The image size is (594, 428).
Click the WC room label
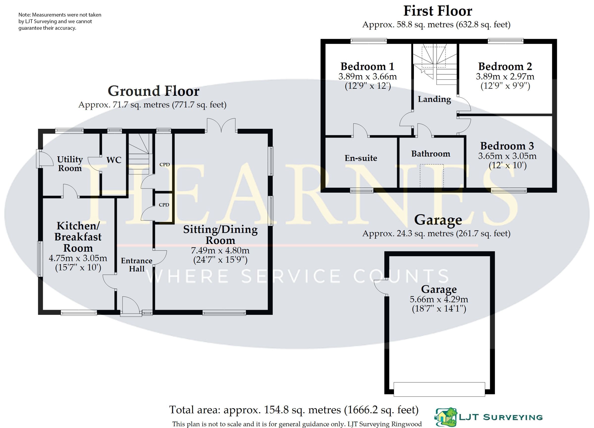click(x=114, y=160)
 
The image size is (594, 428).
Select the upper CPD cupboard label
click(x=165, y=165)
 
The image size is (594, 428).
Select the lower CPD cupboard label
click(x=164, y=205)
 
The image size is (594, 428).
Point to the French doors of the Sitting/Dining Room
click(x=221, y=125)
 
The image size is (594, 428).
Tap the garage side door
click(x=380, y=287)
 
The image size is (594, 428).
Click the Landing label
click(x=434, y=99)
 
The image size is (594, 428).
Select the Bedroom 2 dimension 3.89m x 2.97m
click(x=505, y=77)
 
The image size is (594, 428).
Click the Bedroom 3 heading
click(x=507, y=146)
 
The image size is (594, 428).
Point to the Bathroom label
click(x=431, y=154)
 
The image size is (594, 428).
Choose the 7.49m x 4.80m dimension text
click(x=220, y=251)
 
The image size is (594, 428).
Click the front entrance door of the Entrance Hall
click(x=130, y=306)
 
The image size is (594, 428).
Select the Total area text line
click(x=294, y=410)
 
